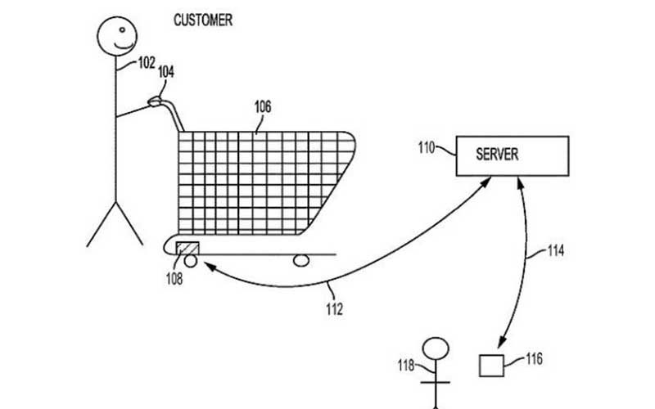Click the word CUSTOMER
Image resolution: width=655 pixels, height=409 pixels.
coord(203,20)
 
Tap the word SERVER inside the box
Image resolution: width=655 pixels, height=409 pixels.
coord(497,155)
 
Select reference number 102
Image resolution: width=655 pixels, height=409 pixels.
coord(147,63)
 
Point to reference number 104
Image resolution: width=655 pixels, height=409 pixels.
coord(166,72)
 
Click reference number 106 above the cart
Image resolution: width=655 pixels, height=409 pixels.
coord(263,107)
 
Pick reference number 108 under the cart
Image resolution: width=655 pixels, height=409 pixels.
coord(174,278)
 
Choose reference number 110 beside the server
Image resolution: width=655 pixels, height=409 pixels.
coord(427,148)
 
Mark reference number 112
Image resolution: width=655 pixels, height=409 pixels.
coord(334,309)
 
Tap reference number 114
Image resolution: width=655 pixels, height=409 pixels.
coord(556,251)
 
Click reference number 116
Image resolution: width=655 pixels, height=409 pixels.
coord(534,359)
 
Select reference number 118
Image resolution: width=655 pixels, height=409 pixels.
coord(405,366)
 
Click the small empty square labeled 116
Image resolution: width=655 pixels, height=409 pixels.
coord(491,366)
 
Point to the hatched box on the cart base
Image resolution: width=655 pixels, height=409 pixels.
coord(187,248)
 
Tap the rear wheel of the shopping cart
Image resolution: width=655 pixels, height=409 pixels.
coord(191,261)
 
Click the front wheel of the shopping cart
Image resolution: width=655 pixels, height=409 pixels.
coord(301,261)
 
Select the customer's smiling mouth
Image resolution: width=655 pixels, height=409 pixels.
coord(124,46)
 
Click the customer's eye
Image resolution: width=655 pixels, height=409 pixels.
coord(122,29)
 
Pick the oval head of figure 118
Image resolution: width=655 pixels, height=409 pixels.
coord(436,348)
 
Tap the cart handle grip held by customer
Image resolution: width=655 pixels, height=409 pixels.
coord(155,101)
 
